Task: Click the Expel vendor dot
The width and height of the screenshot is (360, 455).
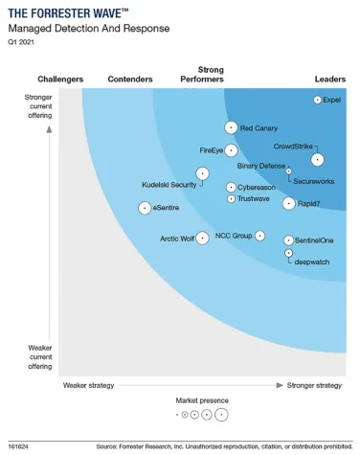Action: tap(318, 100)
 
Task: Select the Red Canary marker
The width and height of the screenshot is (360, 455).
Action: tap(231, 127)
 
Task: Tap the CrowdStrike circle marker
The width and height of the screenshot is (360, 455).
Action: tap(317, 159)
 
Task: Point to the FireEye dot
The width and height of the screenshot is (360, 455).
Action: tap(231, 150)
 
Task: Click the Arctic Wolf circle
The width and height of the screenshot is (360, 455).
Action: tap(202, 238)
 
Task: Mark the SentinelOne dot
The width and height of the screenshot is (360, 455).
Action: tap(288, 240)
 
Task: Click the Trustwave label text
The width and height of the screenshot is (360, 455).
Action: tap(254, 199)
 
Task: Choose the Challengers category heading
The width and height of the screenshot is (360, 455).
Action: tap(60, 79)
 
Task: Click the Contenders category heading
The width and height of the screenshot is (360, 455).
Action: tap(131, 79)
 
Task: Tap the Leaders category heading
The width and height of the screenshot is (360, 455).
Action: tap(329, 79)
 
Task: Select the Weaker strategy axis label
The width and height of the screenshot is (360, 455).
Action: tap(88, 385)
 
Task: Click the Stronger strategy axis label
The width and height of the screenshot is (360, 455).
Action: tap(314, 385)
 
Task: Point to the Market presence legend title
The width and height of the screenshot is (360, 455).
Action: tap(202, 399)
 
